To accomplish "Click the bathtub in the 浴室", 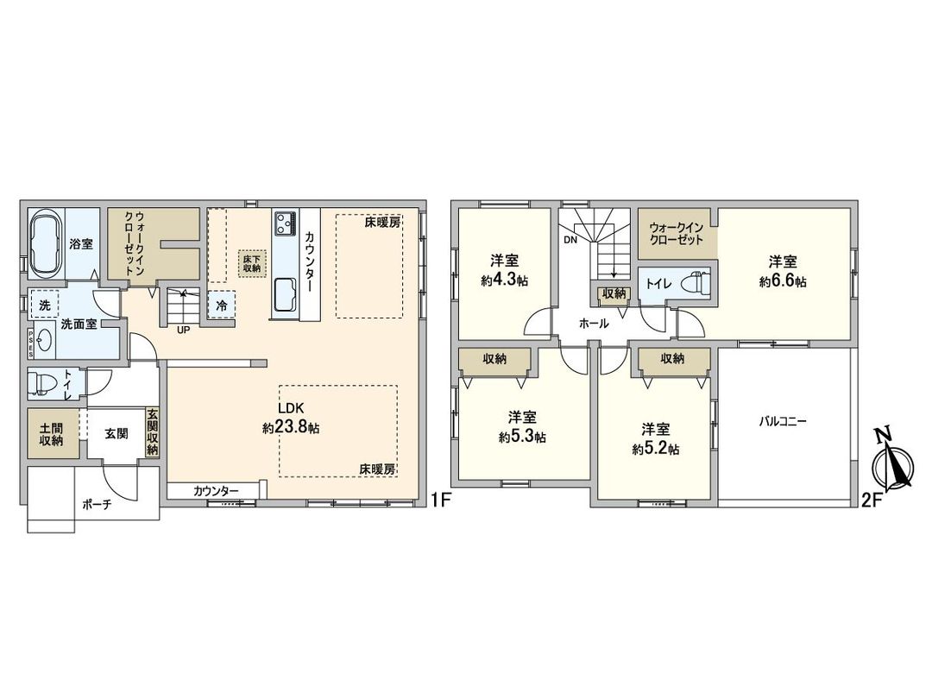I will point(45,243).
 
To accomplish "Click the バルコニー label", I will point(782,422).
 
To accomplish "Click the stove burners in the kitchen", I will point(286,224).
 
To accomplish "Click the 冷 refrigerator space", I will point(222,305).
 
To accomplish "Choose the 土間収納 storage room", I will point(51,434).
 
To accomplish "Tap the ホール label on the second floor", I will point(594,324).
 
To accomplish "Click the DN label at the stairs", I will point(570,241).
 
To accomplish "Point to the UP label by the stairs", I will point(183,329).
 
